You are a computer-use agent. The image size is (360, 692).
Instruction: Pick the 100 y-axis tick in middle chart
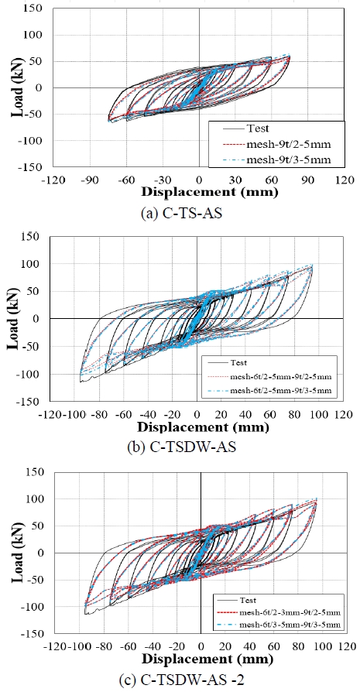[33, 264]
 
